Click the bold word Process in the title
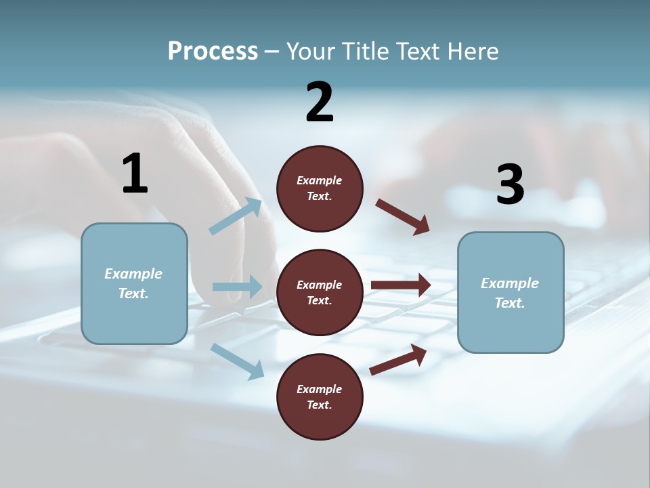tap(213, 52)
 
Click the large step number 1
tap(135, 174)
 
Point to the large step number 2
tap(320, 103)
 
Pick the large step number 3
tap(510, 184)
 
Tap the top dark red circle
tap(320, 188)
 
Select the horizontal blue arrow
tap(237, 287)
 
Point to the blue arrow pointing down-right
tap(237, 361)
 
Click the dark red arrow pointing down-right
tap(402, 217)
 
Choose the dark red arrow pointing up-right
tap(398, 359)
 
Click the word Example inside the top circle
tap(320, 180)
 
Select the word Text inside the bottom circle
tap(318, 405)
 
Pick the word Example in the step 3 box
tap(510, 283)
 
